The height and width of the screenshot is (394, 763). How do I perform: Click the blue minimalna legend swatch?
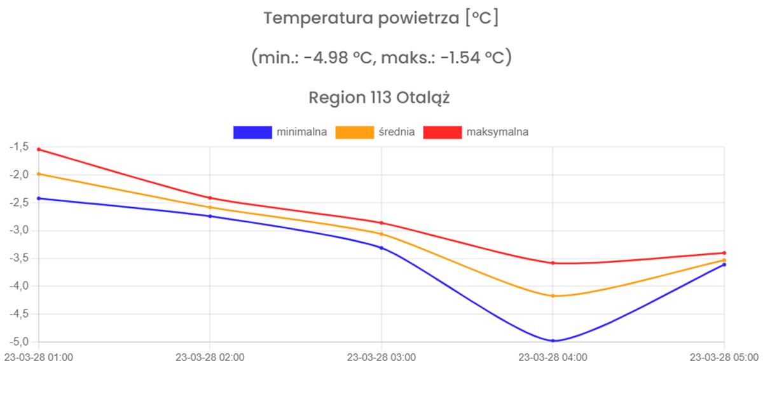coord(252,132)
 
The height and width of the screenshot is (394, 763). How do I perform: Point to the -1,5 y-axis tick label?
coord(18,147)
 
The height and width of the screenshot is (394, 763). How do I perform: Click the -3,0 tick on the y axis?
coord(18,230)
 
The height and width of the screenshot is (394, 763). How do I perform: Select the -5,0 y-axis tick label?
coord(18,341)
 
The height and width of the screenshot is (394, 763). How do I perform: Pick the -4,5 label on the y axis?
coord(18,313)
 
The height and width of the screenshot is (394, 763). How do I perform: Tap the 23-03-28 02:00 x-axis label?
coord(210,357)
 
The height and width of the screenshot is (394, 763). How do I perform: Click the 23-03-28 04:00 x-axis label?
coord(553,357)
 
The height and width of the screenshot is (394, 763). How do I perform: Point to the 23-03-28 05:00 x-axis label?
coord(724,357)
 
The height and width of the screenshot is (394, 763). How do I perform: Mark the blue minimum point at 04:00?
coord(553,341)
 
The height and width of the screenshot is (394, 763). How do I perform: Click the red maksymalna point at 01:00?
coord(39,149)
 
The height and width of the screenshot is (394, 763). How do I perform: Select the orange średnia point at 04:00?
coord(553,295)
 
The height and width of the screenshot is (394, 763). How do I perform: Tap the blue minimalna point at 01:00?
coord(39,198)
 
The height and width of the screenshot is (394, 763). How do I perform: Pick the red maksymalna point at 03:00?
coord(381,222)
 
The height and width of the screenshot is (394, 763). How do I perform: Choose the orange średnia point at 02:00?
coord(210,207)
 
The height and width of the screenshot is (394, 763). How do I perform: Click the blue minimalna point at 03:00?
coord(381,247)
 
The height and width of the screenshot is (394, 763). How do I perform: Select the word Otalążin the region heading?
coord(423,98)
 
